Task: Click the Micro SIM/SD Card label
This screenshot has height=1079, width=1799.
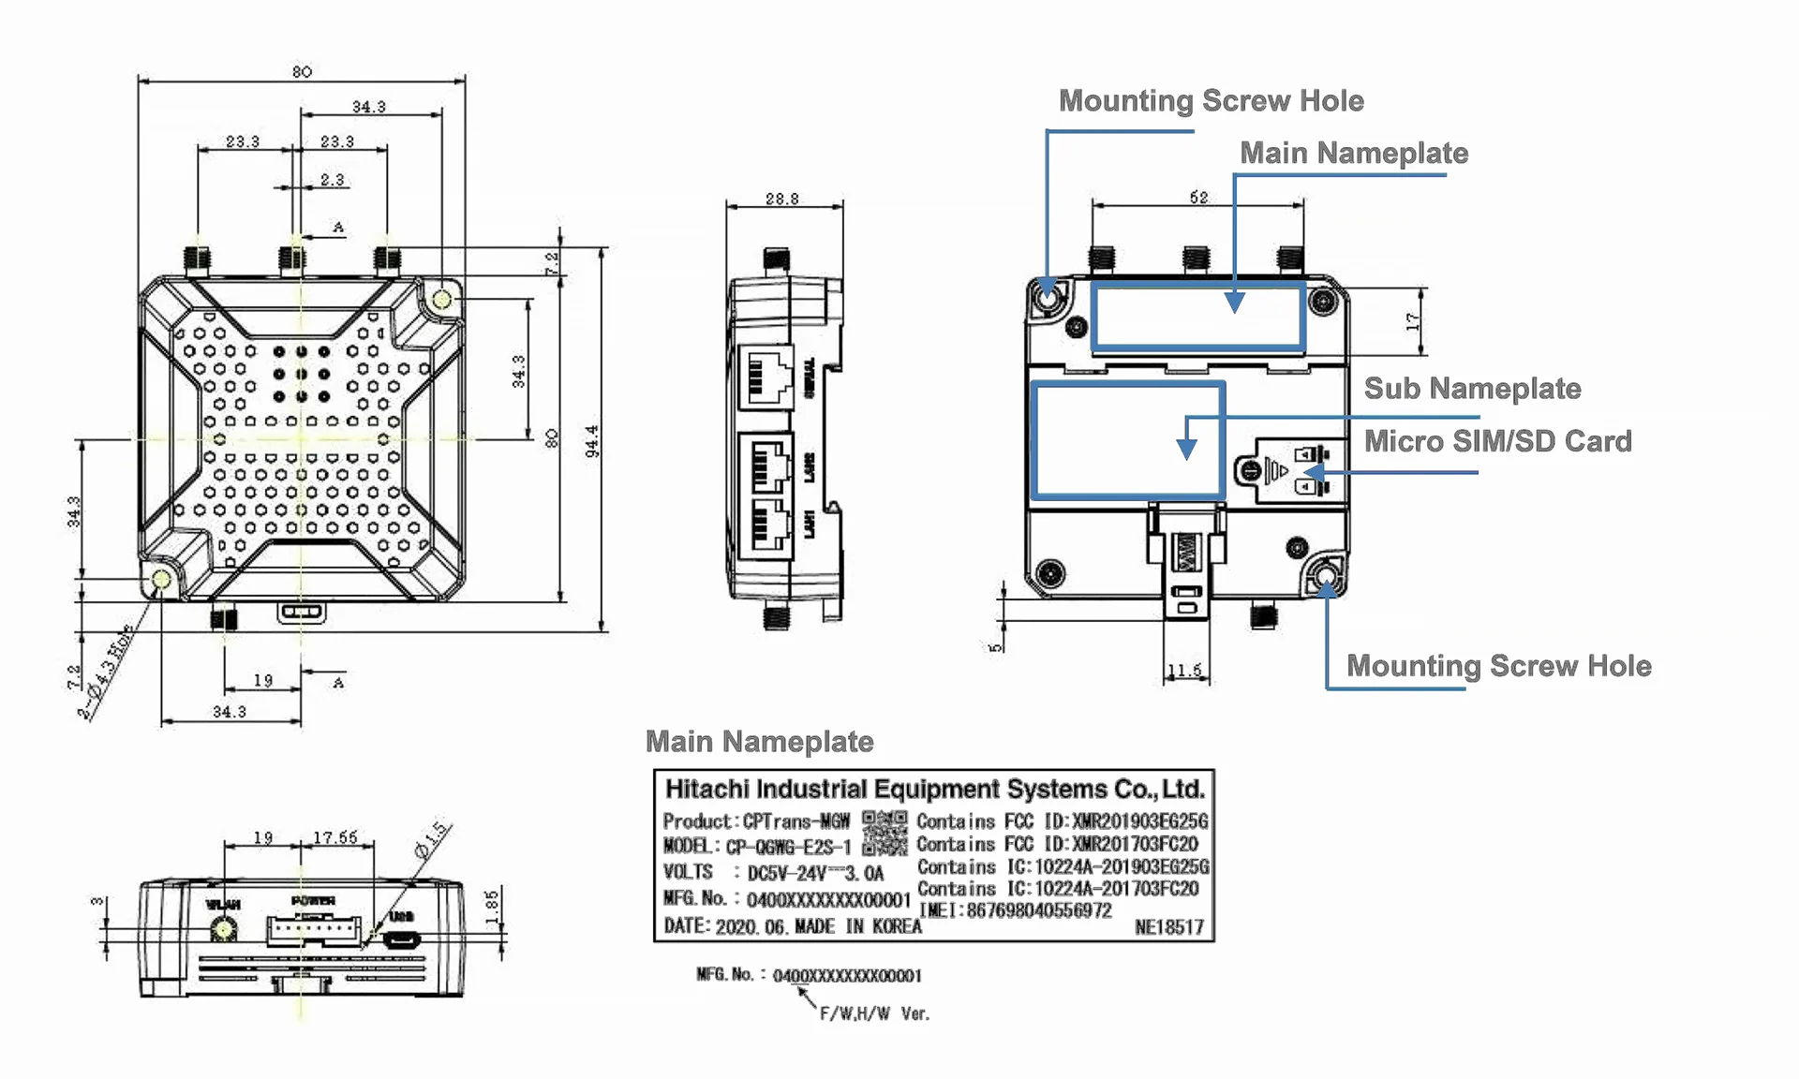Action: click(1497, 441)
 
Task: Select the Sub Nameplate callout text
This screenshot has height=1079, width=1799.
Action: click(1472, 389)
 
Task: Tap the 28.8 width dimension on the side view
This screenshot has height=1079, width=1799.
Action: click(781, 199)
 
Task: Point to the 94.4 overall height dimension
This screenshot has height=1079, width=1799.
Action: click(592, 441)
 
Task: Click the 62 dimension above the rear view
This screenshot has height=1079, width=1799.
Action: click(1198, 197)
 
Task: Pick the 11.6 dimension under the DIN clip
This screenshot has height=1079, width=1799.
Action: click(1185, 671)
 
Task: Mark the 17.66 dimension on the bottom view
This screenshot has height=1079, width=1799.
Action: click(335, 837)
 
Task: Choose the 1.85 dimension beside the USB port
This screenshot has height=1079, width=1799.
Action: click(492, 907)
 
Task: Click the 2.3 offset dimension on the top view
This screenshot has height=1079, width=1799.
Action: click(332, 180)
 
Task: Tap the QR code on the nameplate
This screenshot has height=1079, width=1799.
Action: click(885, 833)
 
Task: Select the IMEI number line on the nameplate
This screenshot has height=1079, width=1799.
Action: click(1016, 910)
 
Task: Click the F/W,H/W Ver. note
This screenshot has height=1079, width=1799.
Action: click(874, 1013)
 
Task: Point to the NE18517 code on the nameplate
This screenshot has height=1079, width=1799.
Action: click(1168, 927)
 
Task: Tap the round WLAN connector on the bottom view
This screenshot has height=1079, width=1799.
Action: click(224, 930)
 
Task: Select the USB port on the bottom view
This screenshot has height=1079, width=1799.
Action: click(401, 939)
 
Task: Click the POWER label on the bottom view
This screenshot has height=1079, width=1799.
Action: click(313, 901)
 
